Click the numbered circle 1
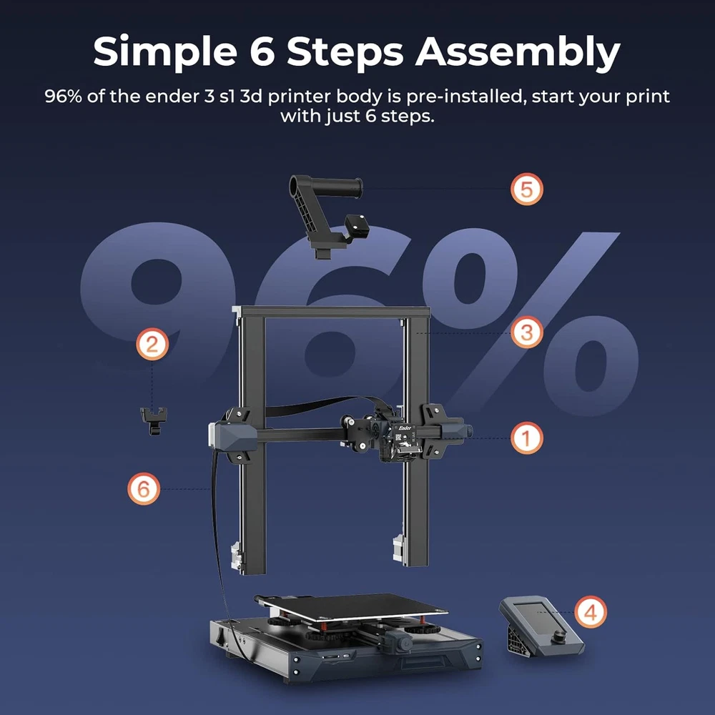(527, 438)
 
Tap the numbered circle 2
(152, 344)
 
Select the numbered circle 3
(527, 332)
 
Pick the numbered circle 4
(591, 612)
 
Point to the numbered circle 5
(527, 189)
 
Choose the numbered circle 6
(144, 489)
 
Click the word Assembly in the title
(518, 52)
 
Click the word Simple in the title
(165, 52)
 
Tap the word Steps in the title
(345, 51)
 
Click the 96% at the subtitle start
(63, 97)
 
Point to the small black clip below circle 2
(154, 420)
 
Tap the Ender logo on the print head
(405, 428)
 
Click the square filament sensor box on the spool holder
(356, 225)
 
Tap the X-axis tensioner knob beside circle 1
(468, 431)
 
